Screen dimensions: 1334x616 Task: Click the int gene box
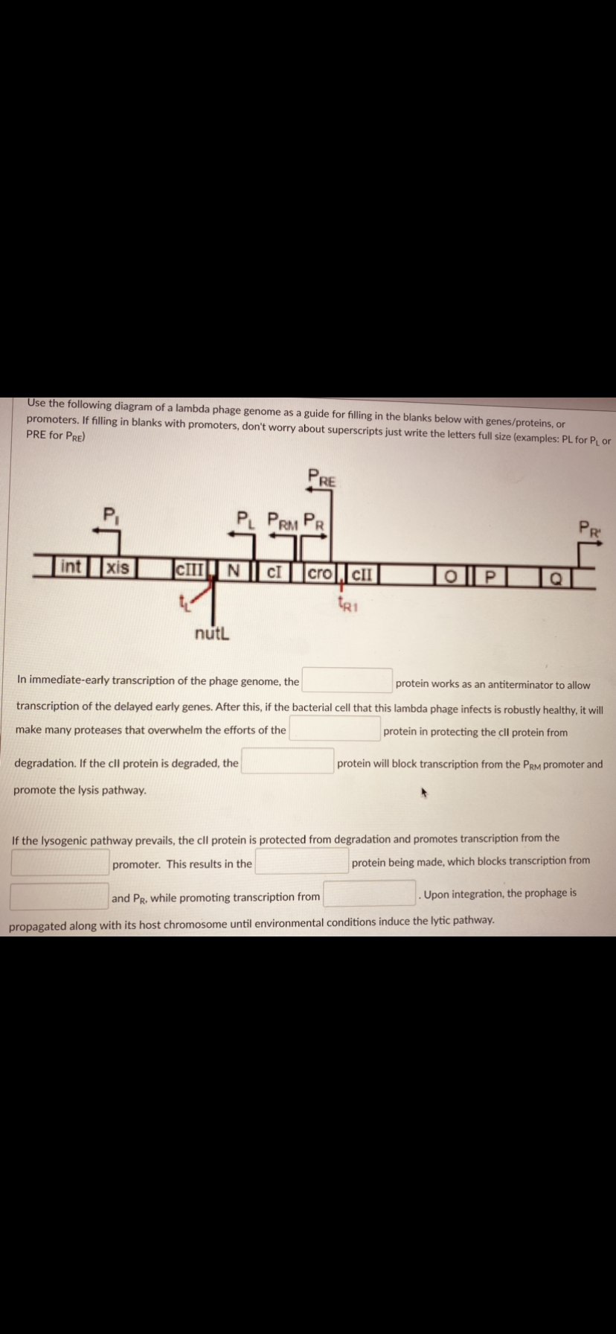tap(70, 567)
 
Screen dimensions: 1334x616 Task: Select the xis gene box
tap(118, 567)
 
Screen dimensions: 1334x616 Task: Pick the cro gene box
tap(320, 573)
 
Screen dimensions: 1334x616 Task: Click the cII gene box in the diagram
tap(362, 574)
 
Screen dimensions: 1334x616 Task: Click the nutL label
tap(212, 634)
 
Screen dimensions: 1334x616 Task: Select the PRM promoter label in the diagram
tap(284, 519)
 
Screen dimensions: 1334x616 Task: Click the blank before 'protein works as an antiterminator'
tap(347, 680)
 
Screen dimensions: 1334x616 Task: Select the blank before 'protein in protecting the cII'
tap(335, 728)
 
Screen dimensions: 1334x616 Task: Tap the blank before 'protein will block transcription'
tap(287, 761)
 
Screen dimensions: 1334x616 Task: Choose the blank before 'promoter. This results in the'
tap(60, 862)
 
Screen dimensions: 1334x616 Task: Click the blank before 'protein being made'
tap(302, 861)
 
